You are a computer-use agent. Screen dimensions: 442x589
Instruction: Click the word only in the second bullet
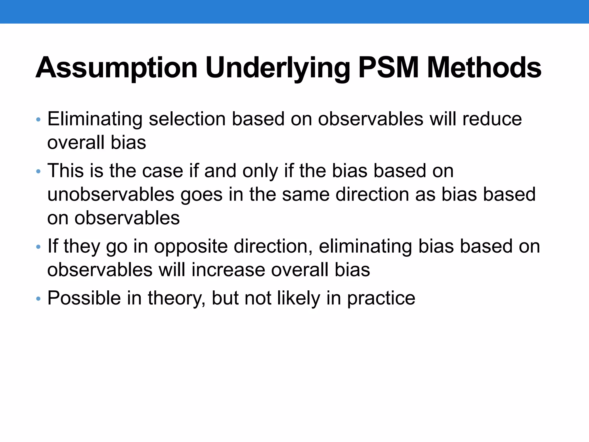(x=260, y=171)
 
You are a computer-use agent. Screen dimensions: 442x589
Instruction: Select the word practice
(x=381, y=298)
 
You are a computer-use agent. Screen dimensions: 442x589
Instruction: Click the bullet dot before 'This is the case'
(x=39, y=172)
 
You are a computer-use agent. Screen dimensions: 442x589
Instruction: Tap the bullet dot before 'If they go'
(x=39, y=247)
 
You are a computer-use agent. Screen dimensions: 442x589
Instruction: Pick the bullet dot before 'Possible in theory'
(x=39, y=299)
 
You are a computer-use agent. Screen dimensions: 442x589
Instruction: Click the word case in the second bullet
(x=162, y=171)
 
